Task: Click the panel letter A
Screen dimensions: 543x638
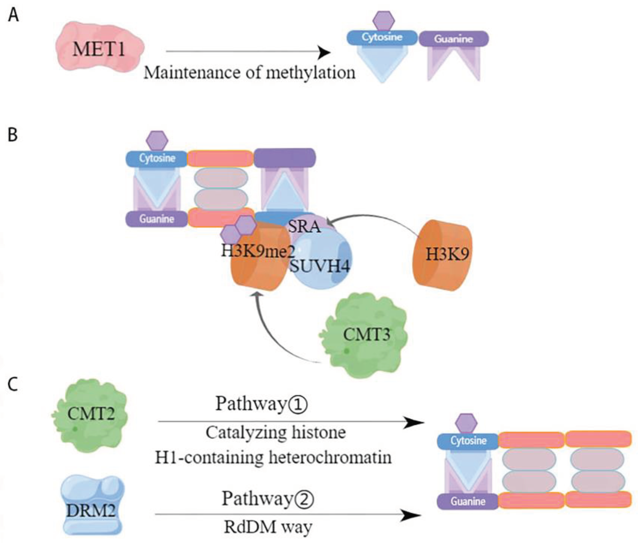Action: (13, 15)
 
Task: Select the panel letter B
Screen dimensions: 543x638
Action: (13, 135)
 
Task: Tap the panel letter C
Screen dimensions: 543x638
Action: (13, 384)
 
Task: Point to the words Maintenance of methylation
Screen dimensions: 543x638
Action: (249, 73)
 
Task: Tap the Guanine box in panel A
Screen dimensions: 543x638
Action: (453, 39)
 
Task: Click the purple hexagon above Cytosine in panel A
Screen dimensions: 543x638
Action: (383, 21)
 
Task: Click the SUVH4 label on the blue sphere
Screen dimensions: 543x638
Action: (320, 266)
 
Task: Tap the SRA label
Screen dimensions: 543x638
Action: (304, 227)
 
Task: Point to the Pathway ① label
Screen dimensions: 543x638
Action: (261, 404)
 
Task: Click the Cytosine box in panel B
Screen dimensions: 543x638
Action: (157, 158)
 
